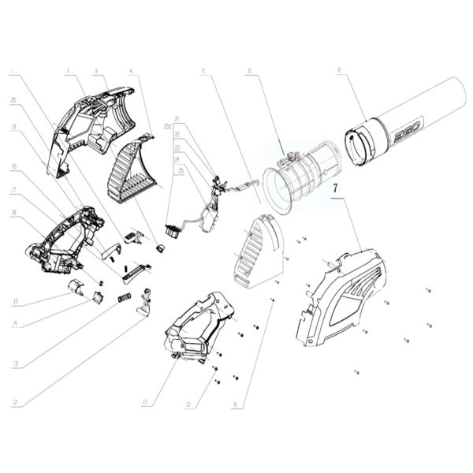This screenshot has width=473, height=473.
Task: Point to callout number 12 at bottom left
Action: pyautogui.click(x=14, y=403)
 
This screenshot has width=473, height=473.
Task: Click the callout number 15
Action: pyautogui.click(x=14, y=301)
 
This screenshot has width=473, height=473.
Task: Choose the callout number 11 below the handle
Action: pyautogui.click(x=145, y=403)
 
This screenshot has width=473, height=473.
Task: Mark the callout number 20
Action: pyautogui.click(x=13, y=100)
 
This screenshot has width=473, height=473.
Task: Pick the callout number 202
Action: pyautogui.click(x=167, y=126)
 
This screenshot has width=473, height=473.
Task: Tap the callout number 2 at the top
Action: pyautogui.click(x=69, y=70)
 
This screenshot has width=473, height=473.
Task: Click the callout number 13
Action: pyautogui.click(x=14, y=363)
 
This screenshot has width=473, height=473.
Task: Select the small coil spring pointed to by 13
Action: pyautogui.click(x=124, y=299)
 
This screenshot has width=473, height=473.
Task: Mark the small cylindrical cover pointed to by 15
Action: pyautogui.click(x=77, y=287)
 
